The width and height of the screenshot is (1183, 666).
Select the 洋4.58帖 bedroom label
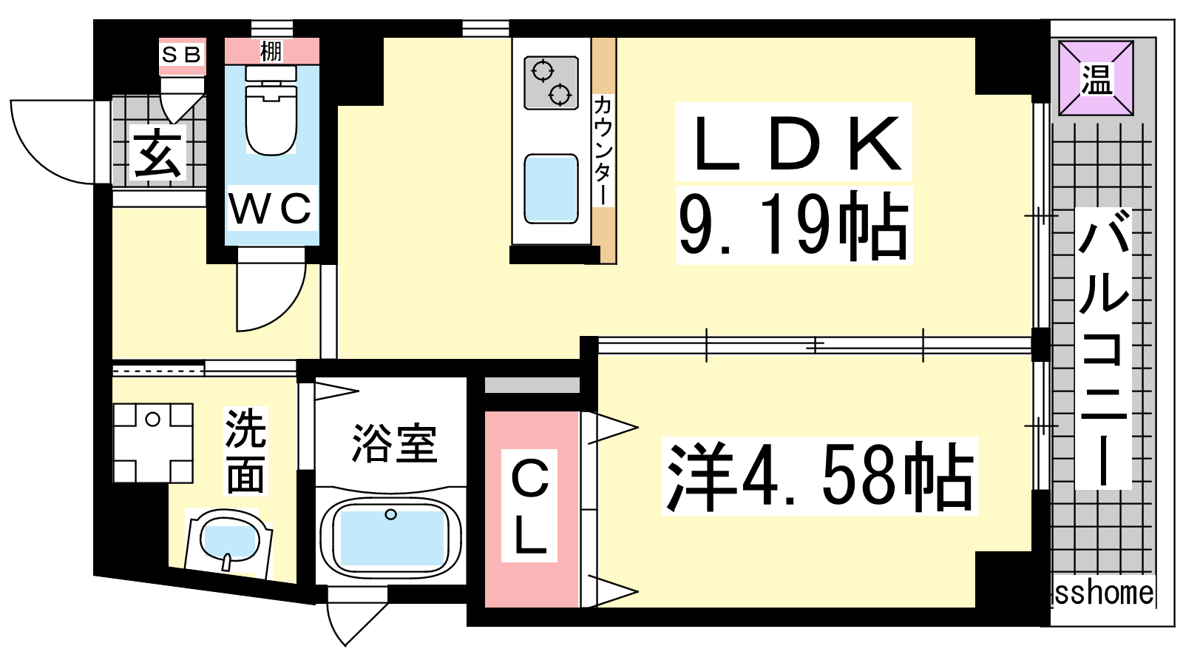coord(819,477)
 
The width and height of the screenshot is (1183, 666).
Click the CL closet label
coord(530,507)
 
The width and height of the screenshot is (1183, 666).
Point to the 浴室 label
coord(394,444)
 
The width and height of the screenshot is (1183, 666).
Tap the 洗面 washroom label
coord(245,451)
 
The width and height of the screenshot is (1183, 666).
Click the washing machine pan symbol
coord(153,443)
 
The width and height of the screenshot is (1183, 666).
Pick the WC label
coord(271,209)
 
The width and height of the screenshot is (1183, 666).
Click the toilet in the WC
coord(271,118)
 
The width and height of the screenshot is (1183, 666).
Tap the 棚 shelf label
coord(271,52)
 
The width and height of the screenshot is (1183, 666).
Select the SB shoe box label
coord(181,55)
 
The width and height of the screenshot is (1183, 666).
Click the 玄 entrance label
coord(157,154)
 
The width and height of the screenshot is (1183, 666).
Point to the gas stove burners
coord(551,82)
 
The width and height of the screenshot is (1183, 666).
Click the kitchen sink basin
coord(551,189)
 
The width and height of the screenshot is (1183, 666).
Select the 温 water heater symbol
coord(1096,78)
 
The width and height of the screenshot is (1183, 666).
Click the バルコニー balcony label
coord(1102,348)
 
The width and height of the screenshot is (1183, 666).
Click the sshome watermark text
coord(1103,593)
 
